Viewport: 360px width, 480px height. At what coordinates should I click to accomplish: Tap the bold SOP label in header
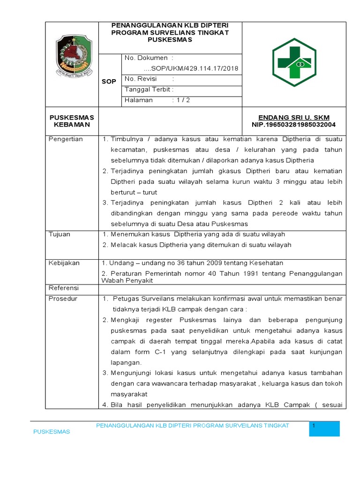click(109, 82)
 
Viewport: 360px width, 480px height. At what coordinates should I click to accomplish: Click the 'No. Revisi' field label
click(141, 79)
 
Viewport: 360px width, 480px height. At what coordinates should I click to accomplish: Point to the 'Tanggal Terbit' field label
click(148, 89)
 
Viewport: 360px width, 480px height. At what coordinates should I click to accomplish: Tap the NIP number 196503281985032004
click(294, 125)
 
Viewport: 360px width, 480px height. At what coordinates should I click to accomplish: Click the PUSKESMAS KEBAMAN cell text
click(72, 121)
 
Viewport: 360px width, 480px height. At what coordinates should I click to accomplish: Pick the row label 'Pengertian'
click(66, 139)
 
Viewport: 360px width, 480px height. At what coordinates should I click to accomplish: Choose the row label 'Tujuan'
click(59, 234)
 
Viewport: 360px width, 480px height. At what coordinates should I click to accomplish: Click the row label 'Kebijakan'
click(64, 263)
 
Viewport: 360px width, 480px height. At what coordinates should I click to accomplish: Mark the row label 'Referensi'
click(64, 288)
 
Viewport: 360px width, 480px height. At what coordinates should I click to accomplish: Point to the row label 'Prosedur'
click(63, 299)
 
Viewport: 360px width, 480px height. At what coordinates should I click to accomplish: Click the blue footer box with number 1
click(324, 428)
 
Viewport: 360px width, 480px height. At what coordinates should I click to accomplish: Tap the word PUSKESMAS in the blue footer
click(51, 432)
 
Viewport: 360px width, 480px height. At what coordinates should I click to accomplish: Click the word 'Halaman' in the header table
click(139, 100)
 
